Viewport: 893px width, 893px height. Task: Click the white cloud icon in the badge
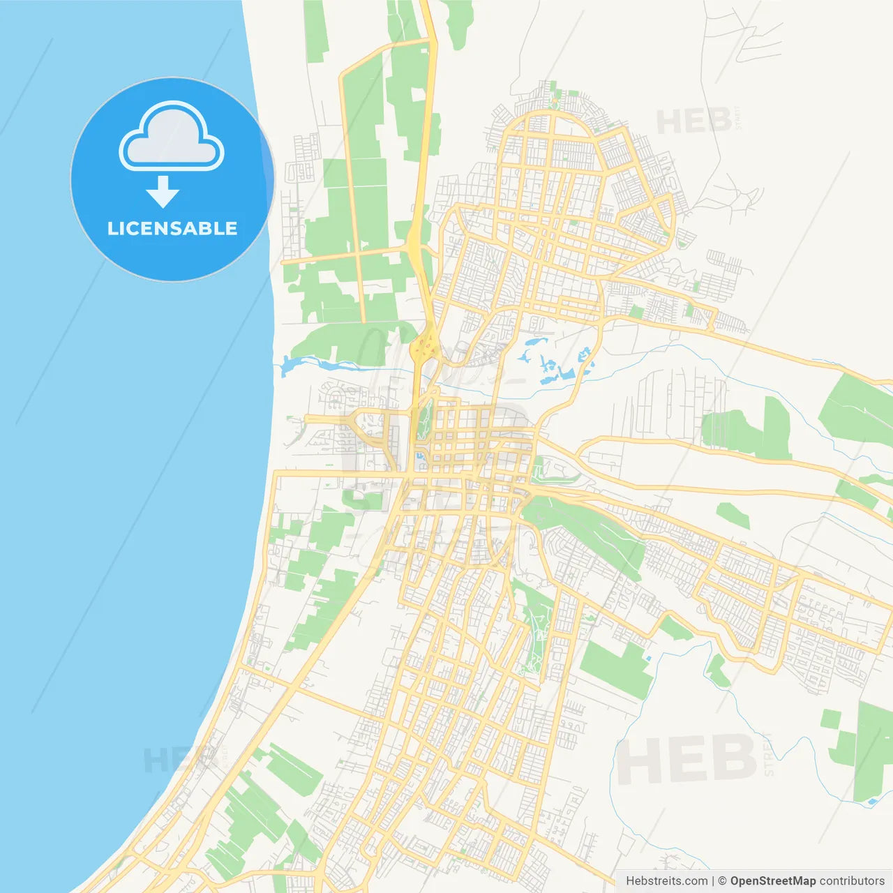click(x=172, y=137)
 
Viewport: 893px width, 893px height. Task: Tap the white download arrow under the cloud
click(x=163, y=192)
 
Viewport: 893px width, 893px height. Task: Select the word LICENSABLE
click(x=172, y=228)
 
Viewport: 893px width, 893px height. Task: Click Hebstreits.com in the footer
click(x=666, y=881)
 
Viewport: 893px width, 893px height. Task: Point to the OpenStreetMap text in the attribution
click(x=773, y=881)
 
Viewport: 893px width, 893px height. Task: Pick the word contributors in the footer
click(x=852, y=881)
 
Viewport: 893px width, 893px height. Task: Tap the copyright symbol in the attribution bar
click(x=723, y=881)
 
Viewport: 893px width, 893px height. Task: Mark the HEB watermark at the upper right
click(x=693, y=122)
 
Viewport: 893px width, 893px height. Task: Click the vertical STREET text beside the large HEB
click(x=770, y=753)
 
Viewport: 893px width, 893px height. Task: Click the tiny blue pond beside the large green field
click(x=648, y=659)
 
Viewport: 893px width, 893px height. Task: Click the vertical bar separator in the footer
click(x=712, y=881)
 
